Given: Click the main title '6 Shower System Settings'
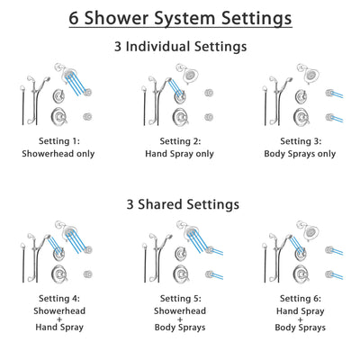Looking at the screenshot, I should [180, 18].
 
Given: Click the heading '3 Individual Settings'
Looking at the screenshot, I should [180, 46].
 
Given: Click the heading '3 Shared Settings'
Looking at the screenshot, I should [180, 204].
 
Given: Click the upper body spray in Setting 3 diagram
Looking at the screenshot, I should [329, 94].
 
